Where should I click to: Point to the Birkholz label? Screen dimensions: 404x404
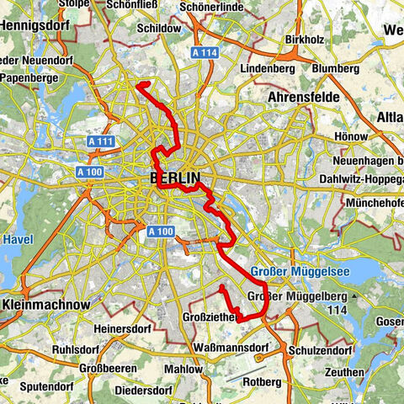pyautogui.click(x=306, y=39)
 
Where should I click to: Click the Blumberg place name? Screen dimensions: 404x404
pyautogui.click(x=335, y=68)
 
